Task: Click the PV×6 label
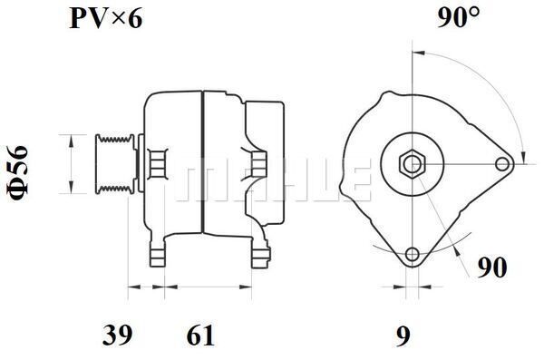coord(106,18)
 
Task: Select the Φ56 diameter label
coord(17,173)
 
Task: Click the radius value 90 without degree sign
coord(492,268)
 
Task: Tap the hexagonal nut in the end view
coord(412,164)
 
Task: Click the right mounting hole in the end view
coord(501,164)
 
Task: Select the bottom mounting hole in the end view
coord(413,254)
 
